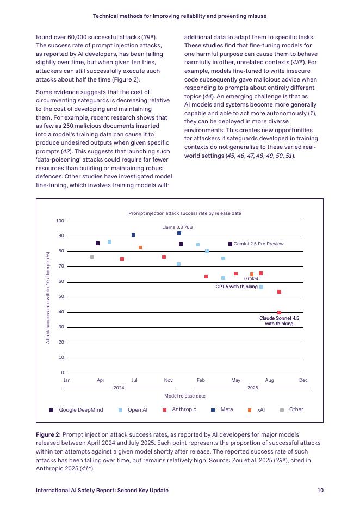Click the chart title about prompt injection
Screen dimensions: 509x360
click(x=184, y=213)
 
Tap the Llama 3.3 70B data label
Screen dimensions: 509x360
click(x=177, y=227)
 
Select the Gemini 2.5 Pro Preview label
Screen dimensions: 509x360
click(x=258, y=244)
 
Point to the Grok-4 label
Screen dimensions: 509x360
click(x=251, y=278)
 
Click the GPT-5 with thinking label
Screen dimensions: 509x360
click(x=237, y=287)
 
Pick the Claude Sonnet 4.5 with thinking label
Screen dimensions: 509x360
click(x=279, y=320)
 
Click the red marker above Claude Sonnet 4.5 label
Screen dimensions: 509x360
click(x=279, y=312)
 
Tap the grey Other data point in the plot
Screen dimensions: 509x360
click(x=92, y=257)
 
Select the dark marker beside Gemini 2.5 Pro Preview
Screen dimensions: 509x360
click(x=230, y=244)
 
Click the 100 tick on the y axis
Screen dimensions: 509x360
click(x=60, y=221)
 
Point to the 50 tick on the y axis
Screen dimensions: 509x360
click(x=61, y=297)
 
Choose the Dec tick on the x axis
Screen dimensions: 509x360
click(x=303, y=380)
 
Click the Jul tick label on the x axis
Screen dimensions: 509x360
click(x=134, y=380)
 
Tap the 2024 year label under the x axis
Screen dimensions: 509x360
click(x=119, y=388)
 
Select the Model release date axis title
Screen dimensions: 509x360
click(x=184, y=396)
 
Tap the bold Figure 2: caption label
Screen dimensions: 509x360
click(x=48, y=434)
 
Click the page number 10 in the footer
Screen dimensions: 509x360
click(x=320, y=490)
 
